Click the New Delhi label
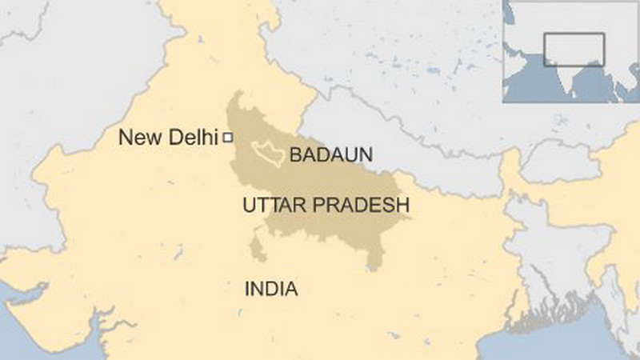point(168,138)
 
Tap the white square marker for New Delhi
point(227,138)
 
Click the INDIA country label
point(270,288)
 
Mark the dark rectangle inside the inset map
point(574,50)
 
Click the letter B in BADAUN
point(294,154)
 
